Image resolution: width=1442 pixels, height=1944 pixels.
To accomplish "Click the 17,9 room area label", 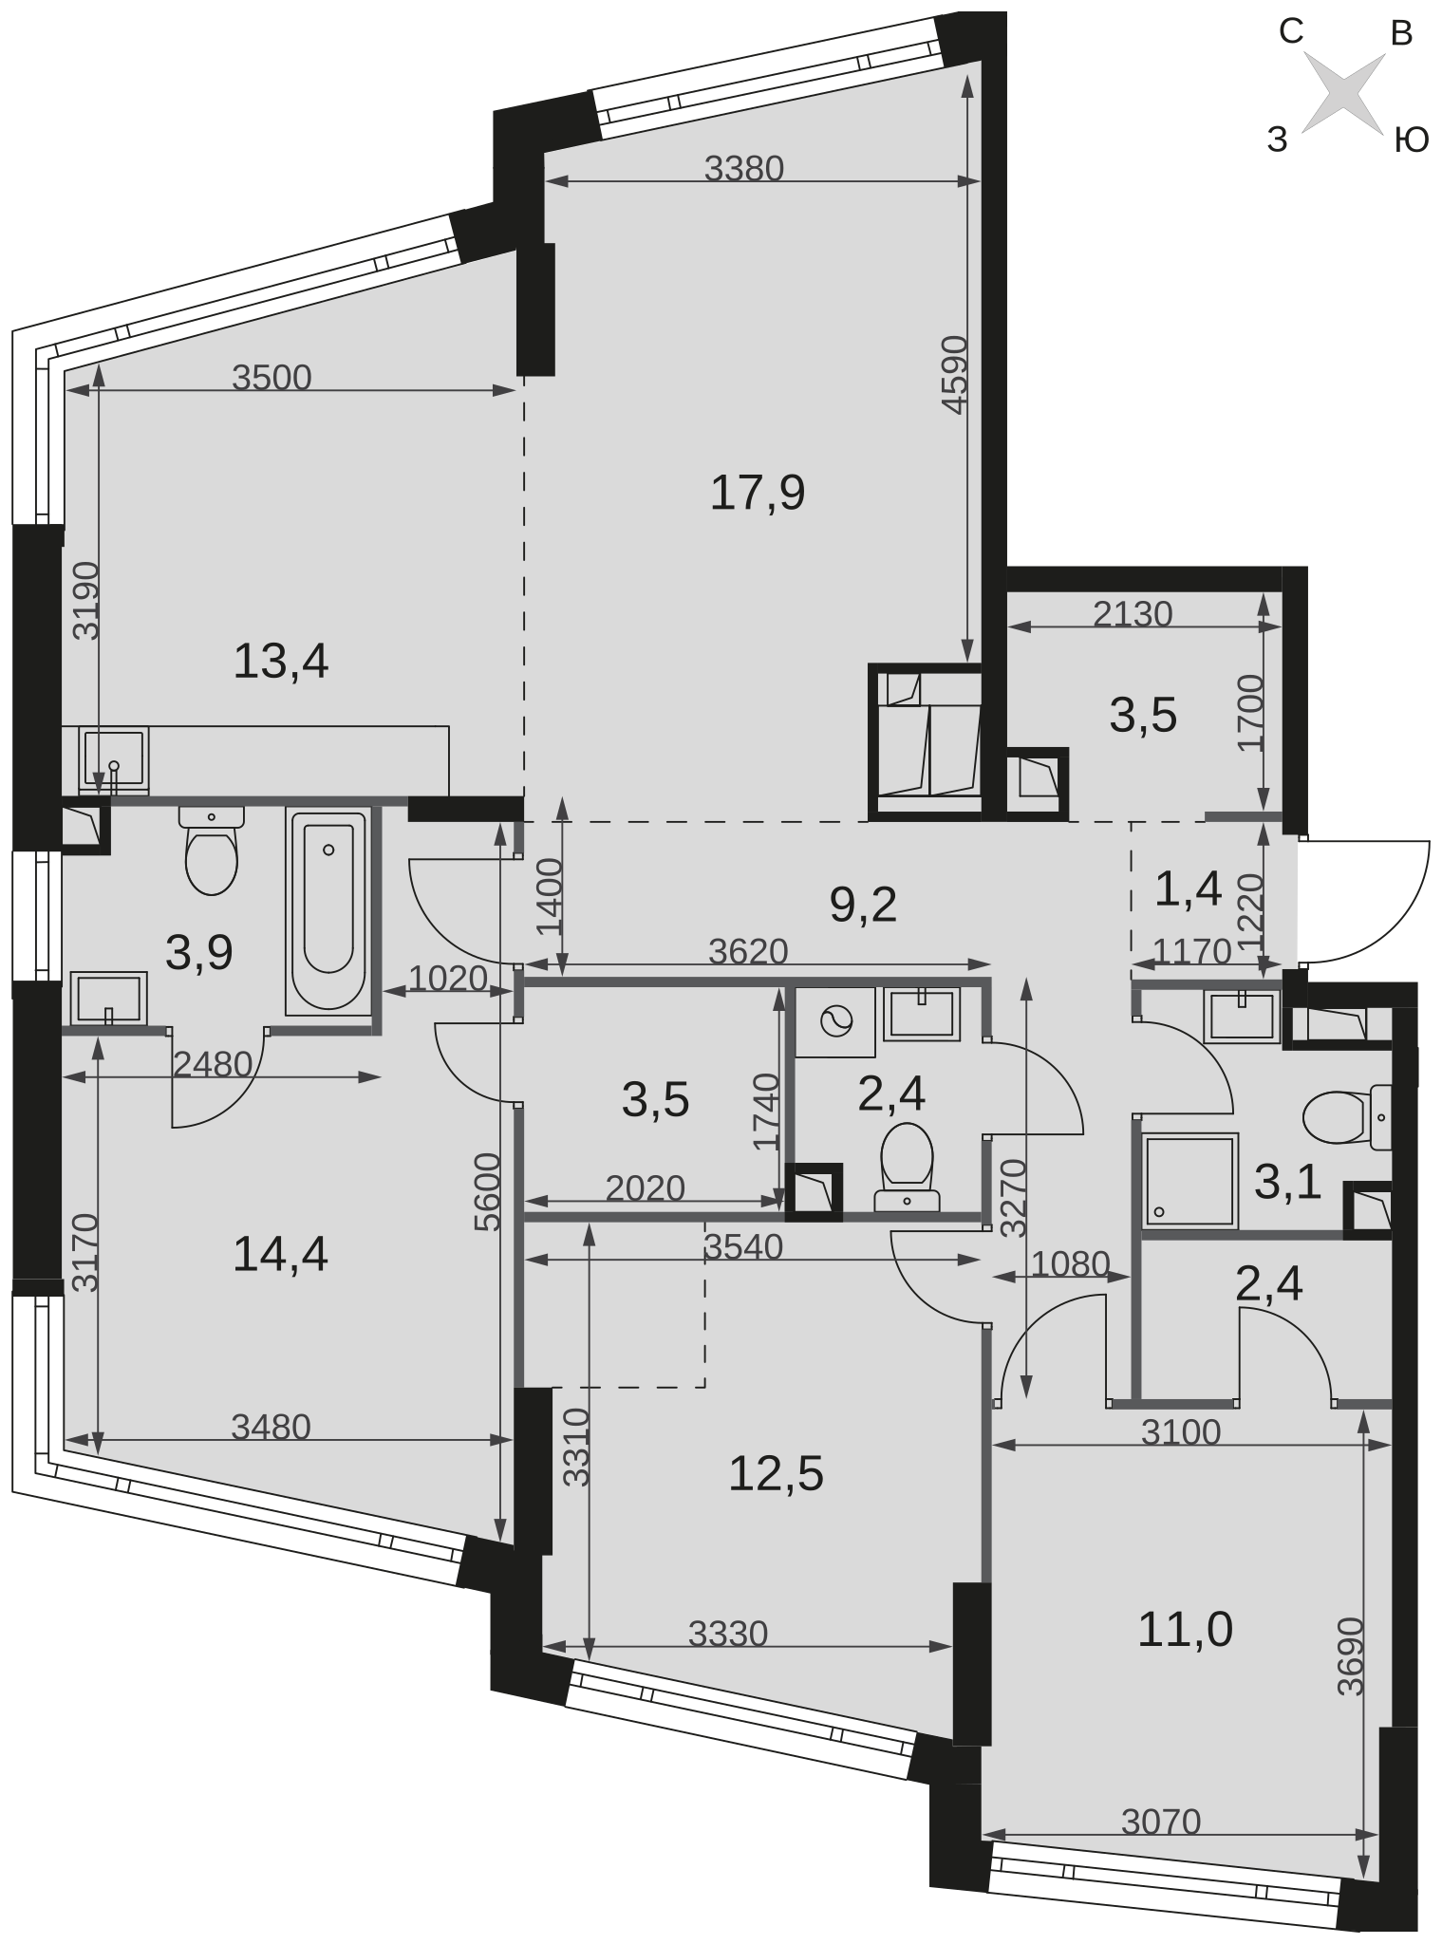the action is [x=758, y=494].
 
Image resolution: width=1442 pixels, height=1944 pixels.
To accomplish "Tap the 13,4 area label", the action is [x=281, y=661].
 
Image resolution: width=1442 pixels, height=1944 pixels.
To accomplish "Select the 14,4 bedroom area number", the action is [x=281, y=1256].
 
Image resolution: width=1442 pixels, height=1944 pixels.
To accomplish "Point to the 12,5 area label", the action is [x=777, y=1474].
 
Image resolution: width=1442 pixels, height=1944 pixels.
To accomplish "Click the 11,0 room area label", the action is [x=1186, y=1630].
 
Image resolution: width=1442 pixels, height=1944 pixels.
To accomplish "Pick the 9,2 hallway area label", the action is [x=863, y=906].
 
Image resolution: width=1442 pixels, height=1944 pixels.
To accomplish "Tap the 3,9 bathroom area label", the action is [x=199, y=952].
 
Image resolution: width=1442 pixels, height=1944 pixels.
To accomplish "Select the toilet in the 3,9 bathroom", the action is [x=212, y=850].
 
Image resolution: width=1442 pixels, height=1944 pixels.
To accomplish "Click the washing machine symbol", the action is [x=835, y=1022].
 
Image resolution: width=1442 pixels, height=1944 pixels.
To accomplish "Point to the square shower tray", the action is [x=1190, y=1181].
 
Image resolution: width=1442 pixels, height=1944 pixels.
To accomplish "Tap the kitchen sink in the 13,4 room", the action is [x=114, y=759].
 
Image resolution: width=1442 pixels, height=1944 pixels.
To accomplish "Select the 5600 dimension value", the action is [x=487, y=1192].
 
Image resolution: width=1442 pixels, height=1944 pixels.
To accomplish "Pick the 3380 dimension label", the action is [x=744, y=168].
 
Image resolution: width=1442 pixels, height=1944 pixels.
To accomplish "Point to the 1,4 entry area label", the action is [x=1188, y=890].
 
